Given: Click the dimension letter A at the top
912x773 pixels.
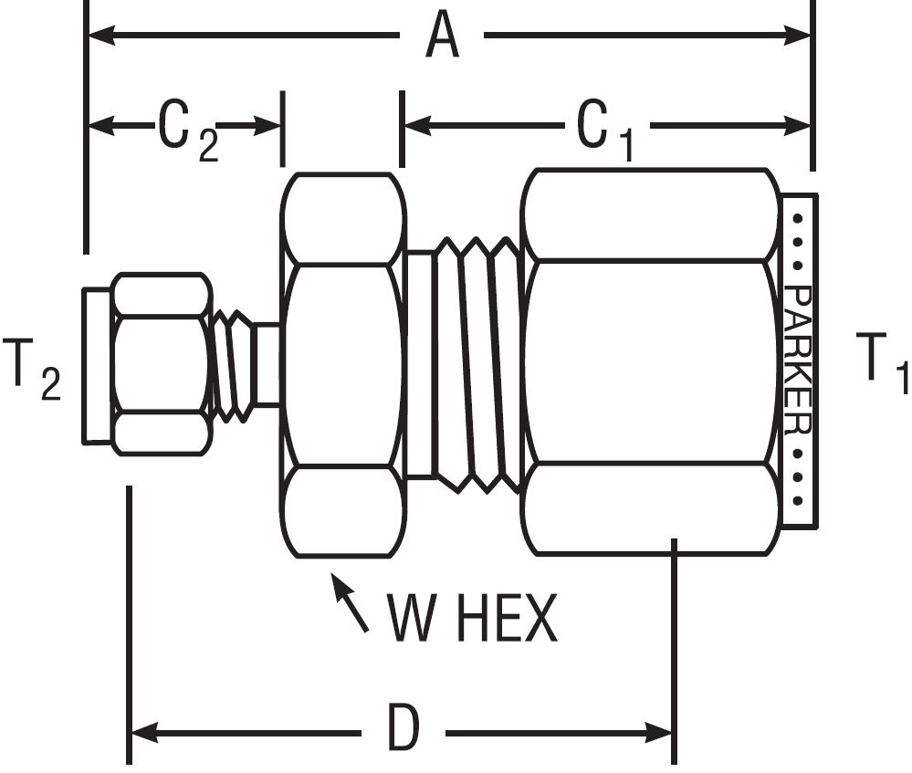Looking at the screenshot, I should point(442,37).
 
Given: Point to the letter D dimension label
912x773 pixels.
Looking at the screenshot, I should point(401,730).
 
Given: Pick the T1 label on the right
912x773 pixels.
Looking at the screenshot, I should point(881,361).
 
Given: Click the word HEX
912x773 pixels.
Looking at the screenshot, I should point(507,620).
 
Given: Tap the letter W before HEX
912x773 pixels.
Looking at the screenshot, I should point(415,620).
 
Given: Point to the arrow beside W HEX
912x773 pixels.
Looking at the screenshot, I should point(350,602).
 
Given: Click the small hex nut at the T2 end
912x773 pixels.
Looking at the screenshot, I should point(161,363).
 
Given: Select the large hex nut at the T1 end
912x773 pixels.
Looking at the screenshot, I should point(651,361).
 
